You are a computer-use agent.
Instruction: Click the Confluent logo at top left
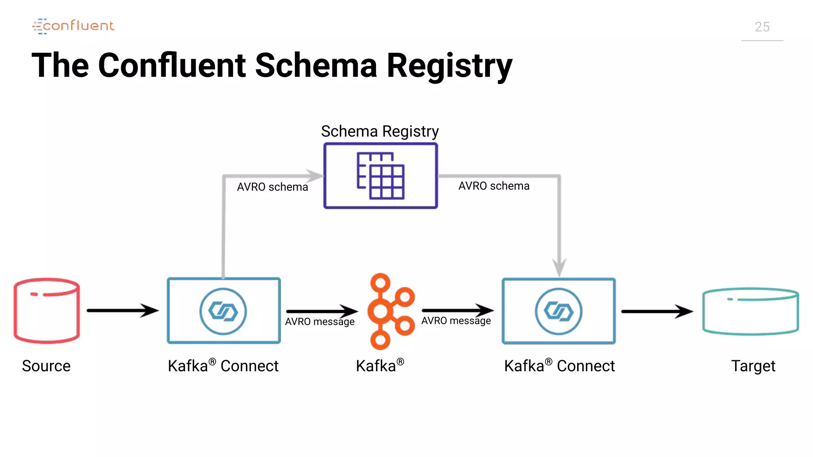(73, 26)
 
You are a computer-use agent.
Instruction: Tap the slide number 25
(762, 27)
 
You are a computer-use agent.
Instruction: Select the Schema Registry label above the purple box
(380, 131)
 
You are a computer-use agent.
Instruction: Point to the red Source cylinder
(47, 310)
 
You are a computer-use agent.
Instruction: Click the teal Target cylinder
(750, 311)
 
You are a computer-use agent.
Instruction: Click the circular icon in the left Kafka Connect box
(223, 311)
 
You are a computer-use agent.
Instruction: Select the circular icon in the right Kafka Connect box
(559, 311)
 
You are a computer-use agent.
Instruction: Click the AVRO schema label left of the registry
(272, 187)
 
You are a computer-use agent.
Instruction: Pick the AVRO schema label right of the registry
(494, 186)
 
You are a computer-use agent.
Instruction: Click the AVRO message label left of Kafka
(320, 322)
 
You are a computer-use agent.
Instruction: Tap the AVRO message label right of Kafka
(456, 321)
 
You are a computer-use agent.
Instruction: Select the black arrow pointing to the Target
(657, 311)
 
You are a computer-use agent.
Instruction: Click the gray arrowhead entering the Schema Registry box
(316, 176)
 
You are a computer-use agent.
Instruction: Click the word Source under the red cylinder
(46, 366)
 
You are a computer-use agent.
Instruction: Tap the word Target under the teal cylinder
(753, 366)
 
